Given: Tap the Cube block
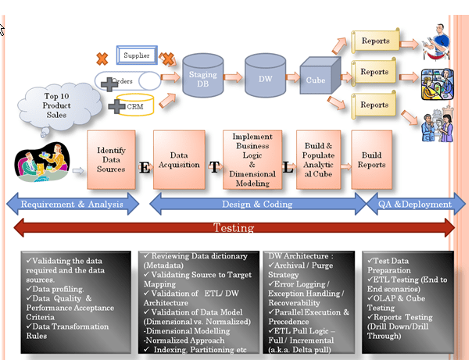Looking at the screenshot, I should (317, 79).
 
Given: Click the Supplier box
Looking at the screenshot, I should (138, 55).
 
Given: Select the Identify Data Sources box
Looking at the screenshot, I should (111, 159).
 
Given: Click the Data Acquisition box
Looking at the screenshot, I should (178, 159).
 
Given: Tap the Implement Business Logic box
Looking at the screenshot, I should (252, 159).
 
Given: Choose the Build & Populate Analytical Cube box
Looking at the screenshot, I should (318, 159).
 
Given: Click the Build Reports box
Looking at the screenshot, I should (371, 159).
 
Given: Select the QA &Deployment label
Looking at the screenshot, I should (415, 205).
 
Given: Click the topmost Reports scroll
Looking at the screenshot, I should (375, 40).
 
